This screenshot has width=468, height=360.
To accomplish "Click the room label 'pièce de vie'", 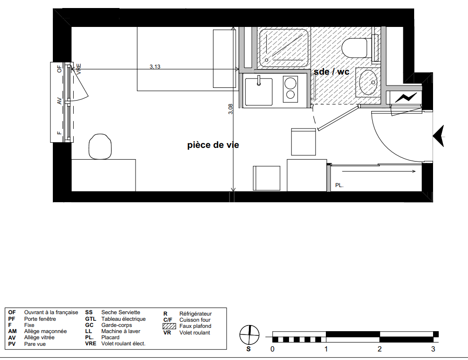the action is click(x=213, y=145).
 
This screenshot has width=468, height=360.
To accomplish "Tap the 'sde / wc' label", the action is click(x=332, y=72).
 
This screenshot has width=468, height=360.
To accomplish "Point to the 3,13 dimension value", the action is click(x=155, y=67).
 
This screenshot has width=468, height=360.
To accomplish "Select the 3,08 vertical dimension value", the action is click(x=230, y=109).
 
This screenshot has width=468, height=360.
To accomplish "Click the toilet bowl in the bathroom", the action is click(x=354, y=48).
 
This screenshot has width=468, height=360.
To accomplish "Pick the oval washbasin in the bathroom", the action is click(x=368, y=82).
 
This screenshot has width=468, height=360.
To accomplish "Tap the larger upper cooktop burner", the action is click(x=290, y=83).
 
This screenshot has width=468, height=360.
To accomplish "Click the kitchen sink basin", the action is click(x=258, y=92).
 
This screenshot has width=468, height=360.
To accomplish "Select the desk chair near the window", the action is click(x=100, y=146).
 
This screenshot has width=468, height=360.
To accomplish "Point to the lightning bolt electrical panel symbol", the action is click(x=406, y=97).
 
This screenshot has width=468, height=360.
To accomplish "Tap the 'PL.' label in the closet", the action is click(x=340, y=185).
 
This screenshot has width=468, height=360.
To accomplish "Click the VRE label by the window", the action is click(x=79, y=69).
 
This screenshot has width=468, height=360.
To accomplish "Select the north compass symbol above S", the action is click(x=249, y=335).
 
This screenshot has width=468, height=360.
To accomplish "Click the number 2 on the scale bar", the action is click(x=380, y=349).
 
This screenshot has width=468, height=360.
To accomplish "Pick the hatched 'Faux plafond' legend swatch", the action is click(x=169, y=326).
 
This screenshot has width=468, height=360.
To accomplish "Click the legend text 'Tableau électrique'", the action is click(x=124, y=319).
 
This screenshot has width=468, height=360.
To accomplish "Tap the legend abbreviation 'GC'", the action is click(x=89, y=325).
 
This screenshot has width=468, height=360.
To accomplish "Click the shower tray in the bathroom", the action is click(x=283, y=48).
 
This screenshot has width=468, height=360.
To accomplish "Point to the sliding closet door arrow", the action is click(x=379, y=171).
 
